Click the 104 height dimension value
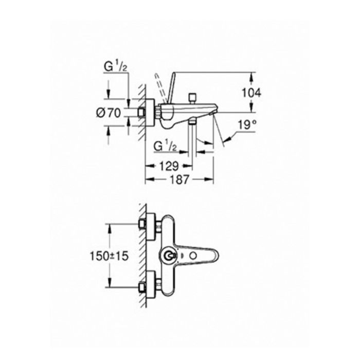[x=251, y=93]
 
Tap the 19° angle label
[x=247, y=125]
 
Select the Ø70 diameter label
[x=109, y=113]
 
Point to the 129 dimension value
[x=169, y=166]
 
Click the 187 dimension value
[x=179, y=179]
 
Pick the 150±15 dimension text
[x=109, y=256]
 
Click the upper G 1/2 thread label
[x=116, y=67]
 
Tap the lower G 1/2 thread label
[x=165, y=146]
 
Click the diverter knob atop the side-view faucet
[x=192, y=98]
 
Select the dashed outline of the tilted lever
[x=160, y=88]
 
